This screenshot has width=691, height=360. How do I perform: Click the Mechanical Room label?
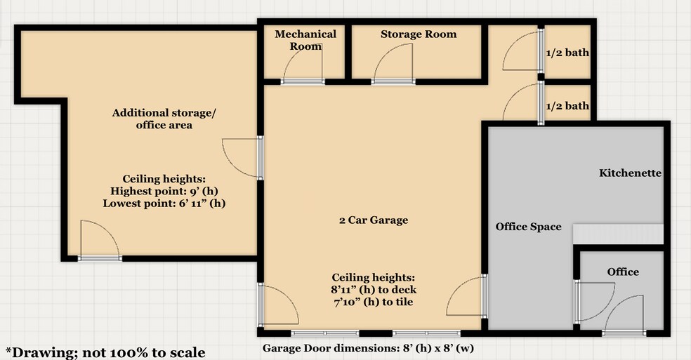click(x=305, y=40)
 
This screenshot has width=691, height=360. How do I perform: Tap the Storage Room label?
click(x=419, y=34)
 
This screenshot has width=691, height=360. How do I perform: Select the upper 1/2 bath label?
click(x=567, y=52)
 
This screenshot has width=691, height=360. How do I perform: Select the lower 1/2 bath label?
click(x=567, y=106)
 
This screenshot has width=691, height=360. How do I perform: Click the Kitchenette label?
click(x=630, y=173)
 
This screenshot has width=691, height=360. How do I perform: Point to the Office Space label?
click(x=528, y=226)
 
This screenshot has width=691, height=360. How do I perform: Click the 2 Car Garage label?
click(x=373, y=220)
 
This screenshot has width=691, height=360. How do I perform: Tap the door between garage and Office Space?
click(x=467, y=295)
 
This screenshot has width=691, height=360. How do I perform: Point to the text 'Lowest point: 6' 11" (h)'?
click(x=169, y=204)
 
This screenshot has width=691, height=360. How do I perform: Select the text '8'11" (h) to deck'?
click(x=373, y=289)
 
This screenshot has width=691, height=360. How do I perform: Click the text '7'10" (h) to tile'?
click(x=373, y=302)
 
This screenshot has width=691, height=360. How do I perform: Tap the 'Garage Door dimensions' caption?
click(x=373, y=347)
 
